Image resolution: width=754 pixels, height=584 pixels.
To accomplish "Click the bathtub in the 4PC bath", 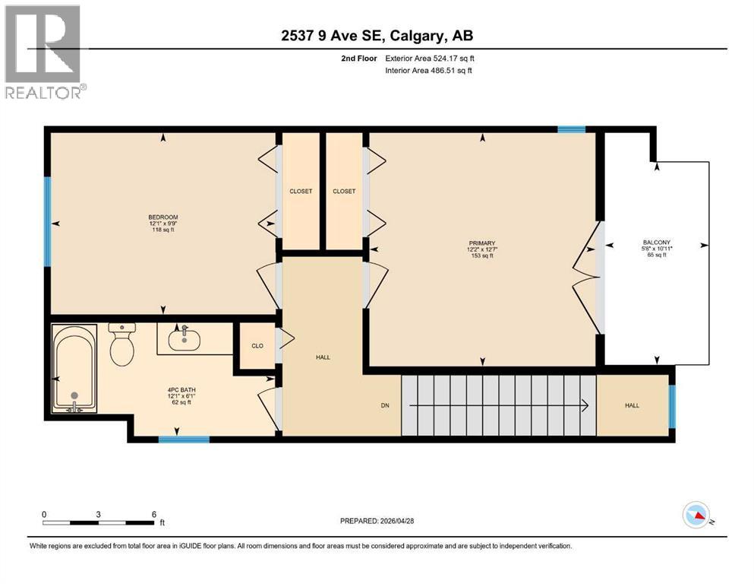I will click(x=74, y=368).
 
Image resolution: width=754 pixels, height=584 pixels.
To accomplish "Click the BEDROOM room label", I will click(x=163, y=217).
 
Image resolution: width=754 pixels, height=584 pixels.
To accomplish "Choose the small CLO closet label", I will click(x=257, y=346).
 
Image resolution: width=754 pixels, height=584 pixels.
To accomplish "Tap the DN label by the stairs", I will click(x=385, y=405).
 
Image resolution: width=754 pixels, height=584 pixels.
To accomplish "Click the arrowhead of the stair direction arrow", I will click(x=587, y=405).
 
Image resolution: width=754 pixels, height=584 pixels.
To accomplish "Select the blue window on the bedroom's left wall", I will click(x=48, y=221).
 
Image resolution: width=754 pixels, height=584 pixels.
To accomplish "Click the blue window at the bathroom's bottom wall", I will click(x=184, y=439).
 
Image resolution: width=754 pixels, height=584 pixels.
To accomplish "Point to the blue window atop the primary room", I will click(x=571, y=130).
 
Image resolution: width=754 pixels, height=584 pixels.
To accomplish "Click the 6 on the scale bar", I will click(x=154, y=513).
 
